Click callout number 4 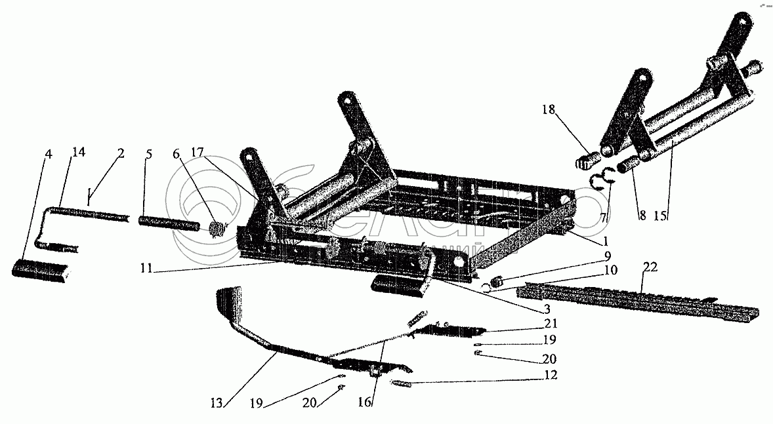click(48, 155)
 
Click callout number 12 click(550, 375)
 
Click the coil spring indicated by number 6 click(217, 229)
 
